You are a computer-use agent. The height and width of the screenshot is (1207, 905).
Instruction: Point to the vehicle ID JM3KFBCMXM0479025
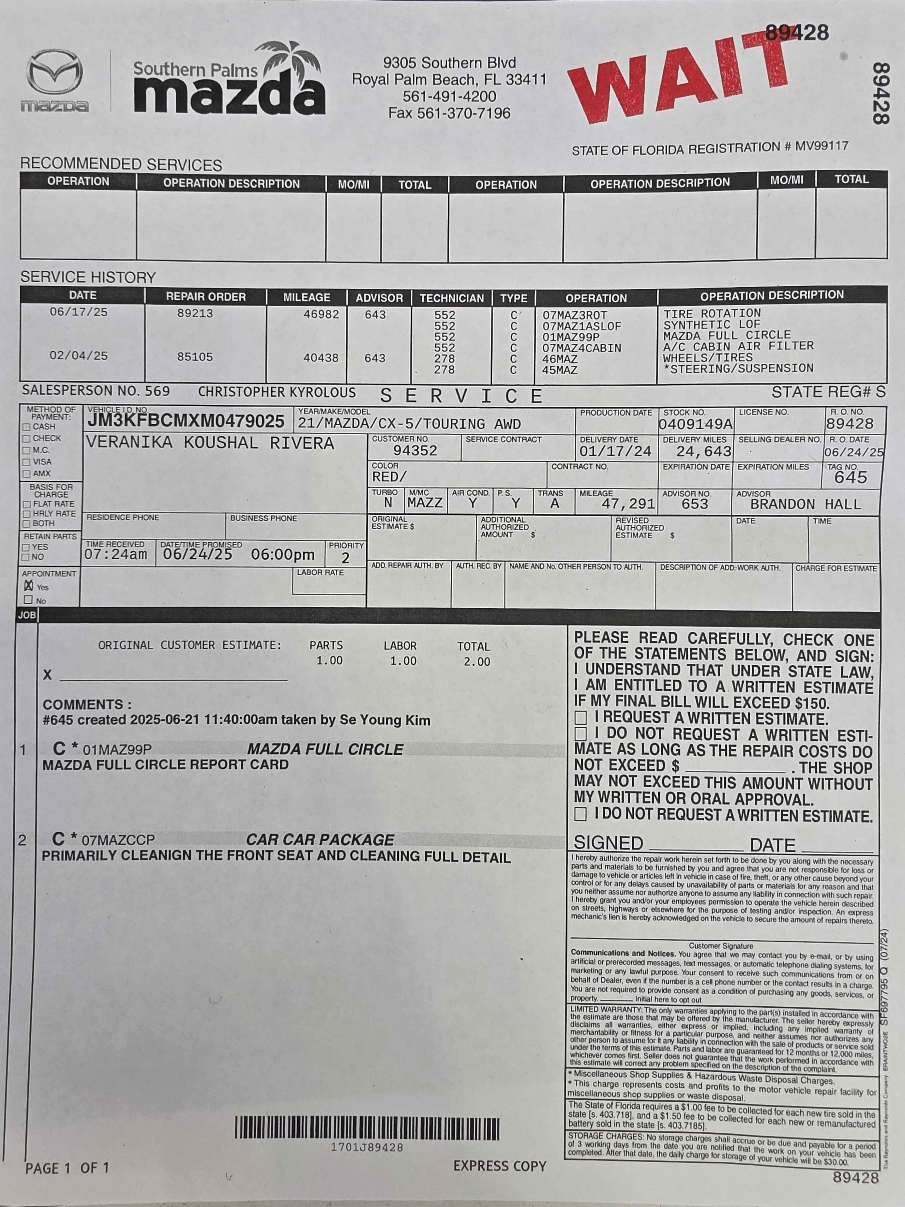click(x=186, y=421)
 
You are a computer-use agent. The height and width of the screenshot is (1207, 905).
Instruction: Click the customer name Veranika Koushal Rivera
click(x=210, y=443)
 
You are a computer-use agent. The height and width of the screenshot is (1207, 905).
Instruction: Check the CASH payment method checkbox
click(x=26, y=427)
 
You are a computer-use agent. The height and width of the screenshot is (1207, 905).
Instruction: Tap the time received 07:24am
click(x=116, y=554)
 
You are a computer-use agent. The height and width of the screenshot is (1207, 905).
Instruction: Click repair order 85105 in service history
click(x=195, y=357)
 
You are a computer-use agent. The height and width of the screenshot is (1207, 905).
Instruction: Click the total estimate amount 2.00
click(x=476, y=662)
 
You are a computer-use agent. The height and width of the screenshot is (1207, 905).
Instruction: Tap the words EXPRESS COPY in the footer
click(x=499, y=1166)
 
